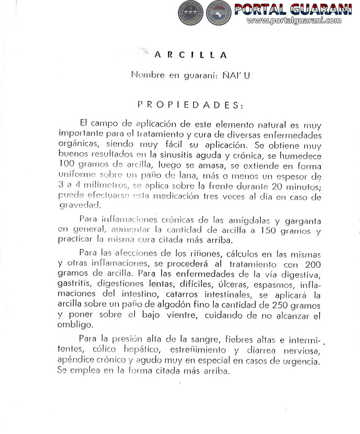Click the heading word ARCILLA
click(x=190, y=55)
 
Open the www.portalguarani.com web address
click(x=294, y=21)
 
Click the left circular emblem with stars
click(x=191, y=12)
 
